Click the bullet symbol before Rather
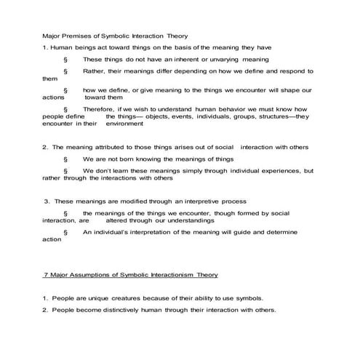tap(65, 71)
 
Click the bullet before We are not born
tap(65, 159)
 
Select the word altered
tap(120, 219)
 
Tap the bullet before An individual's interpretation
tap(65, 232)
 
